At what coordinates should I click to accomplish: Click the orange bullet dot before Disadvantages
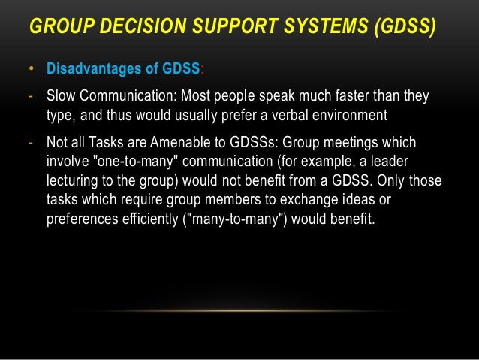click(32, 70)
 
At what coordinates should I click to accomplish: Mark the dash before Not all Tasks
click(31, 143)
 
